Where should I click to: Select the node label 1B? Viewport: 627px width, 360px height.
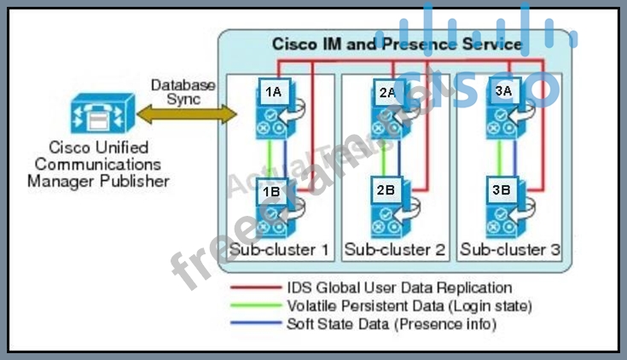click(x=272, y=192)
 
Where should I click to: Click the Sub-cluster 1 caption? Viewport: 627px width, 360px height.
click(x=279, y=250)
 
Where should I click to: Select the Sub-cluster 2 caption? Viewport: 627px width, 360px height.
click(x=395, y=250)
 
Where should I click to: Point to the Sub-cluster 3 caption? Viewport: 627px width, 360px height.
click(x=510, y=250)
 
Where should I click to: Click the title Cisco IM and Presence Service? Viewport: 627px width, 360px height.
click(x=397, y=44)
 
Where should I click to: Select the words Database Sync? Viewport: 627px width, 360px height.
click(x=183, y=91)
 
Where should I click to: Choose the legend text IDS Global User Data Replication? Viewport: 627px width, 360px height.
click(x=399, y=288)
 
